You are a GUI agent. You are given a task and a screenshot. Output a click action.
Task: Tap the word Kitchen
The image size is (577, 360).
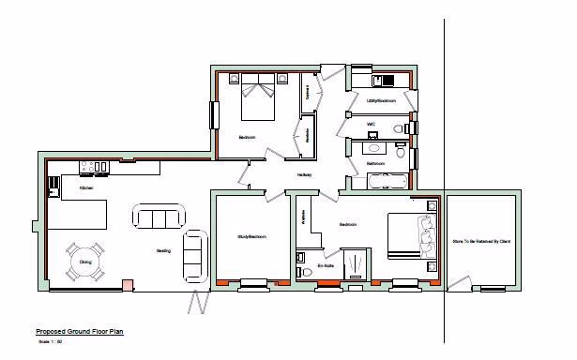point(86,188)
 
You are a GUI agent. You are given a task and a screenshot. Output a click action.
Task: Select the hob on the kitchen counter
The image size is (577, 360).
point(95,169)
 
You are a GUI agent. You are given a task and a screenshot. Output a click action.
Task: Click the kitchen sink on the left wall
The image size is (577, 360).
point(52,186)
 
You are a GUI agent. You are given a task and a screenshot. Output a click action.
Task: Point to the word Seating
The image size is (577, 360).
point(163,251)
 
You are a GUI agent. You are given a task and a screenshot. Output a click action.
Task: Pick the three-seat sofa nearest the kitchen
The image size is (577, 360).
point(157,217)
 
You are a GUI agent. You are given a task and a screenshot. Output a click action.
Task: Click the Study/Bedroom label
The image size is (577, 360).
point(252,237)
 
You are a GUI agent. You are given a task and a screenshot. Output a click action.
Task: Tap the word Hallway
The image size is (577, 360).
point(305,175)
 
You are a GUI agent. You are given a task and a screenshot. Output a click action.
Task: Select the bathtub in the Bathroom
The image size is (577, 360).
point(387,179)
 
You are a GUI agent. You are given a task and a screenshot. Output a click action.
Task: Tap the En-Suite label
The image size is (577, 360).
point(326,265)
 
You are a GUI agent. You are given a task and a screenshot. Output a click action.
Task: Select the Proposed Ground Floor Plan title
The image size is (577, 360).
point(79,332)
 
